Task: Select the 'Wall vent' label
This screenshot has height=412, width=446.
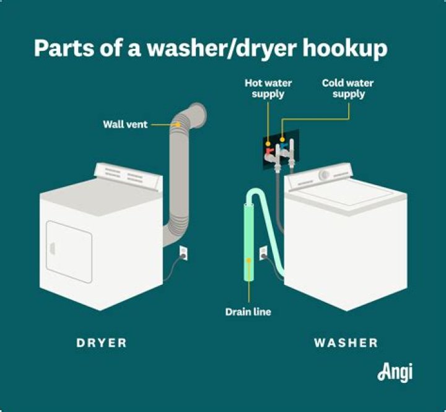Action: (125, 125)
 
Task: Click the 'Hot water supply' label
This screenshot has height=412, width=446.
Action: (268, 88)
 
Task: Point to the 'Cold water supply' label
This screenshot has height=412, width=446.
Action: (348, 88)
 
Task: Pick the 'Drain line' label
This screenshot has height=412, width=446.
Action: (248, 312)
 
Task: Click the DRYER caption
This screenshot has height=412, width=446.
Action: (102, 343)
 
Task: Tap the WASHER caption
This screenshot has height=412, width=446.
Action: (346, 343)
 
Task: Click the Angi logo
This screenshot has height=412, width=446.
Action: (395, 372)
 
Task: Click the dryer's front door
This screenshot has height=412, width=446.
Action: (69, 251)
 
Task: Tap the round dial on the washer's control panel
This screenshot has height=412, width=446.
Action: (323, 175)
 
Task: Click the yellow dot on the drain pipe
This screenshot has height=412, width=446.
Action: (249, 260)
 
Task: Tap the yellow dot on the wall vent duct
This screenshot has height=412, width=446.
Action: (178, 125)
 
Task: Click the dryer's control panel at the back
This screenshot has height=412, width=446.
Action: (131, 175)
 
